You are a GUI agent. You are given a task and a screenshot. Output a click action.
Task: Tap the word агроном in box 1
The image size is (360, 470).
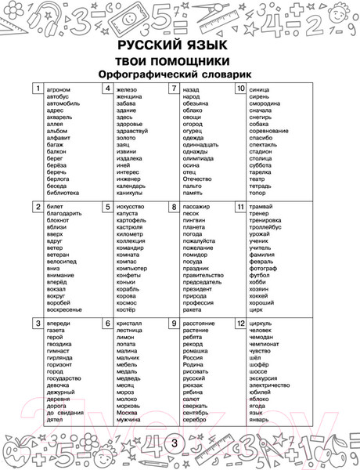click(59, 90)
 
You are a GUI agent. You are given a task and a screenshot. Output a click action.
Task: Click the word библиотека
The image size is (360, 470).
click(63, 193)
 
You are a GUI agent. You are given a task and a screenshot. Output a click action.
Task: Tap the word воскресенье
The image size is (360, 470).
click(65, 309)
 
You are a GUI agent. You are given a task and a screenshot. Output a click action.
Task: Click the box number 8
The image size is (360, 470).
click(173, 207)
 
